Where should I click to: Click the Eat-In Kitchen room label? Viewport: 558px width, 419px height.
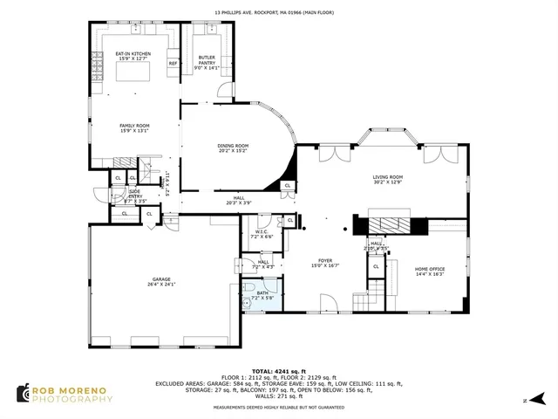click(x=133, y=54)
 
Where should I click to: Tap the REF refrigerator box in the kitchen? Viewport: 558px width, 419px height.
click(x=173, y=64)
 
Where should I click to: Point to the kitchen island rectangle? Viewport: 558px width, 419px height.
click(x=133, y=77)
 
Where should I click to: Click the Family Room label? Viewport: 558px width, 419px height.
click(x=134, y=126)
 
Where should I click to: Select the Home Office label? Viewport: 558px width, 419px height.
click(x=429, y=269)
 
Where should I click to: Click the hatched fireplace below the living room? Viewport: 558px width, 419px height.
click(x=388, y=225)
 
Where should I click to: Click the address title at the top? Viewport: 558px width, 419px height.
click(x=278, y=13)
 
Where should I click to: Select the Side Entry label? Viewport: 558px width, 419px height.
click(x=134, y=192)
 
